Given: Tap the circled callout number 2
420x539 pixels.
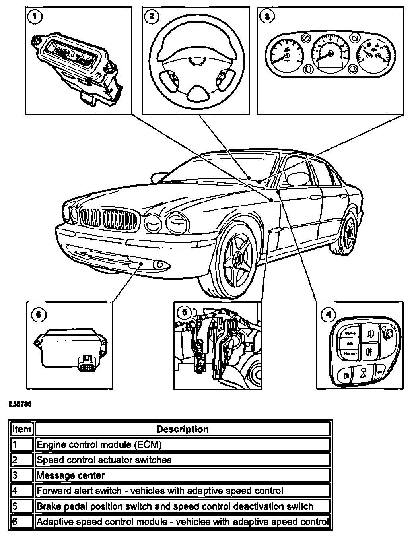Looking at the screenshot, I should coord(152,16).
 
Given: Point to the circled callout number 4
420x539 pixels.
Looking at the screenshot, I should coord(328,315).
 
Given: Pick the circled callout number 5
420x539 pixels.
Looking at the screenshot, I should coord(184,312).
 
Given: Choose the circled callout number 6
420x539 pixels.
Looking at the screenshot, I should coord(38,315).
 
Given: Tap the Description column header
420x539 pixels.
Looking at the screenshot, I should coord(183,429).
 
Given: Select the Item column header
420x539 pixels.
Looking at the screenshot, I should coord(22,429).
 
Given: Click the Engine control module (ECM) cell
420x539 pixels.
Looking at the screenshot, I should coord(183,444).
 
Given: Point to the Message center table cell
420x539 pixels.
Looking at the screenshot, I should coord(183,475).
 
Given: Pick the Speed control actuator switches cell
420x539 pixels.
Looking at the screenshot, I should coord(183,460).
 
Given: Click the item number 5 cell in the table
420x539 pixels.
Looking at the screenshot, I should coord(22,506).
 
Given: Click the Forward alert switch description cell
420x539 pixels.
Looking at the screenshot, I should coord(183,491).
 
